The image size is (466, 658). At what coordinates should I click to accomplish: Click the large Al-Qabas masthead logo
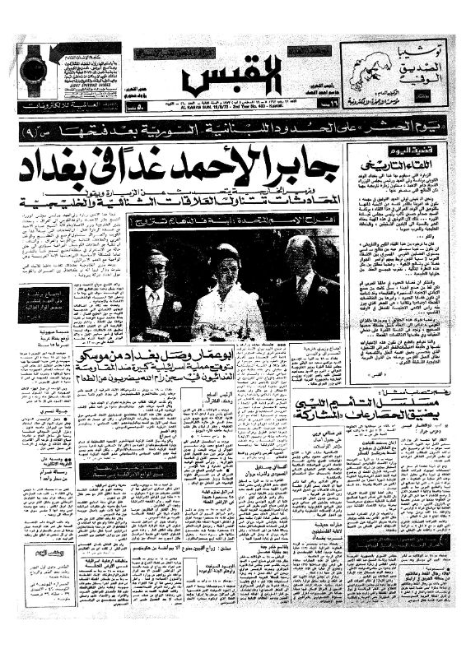[232, 78]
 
